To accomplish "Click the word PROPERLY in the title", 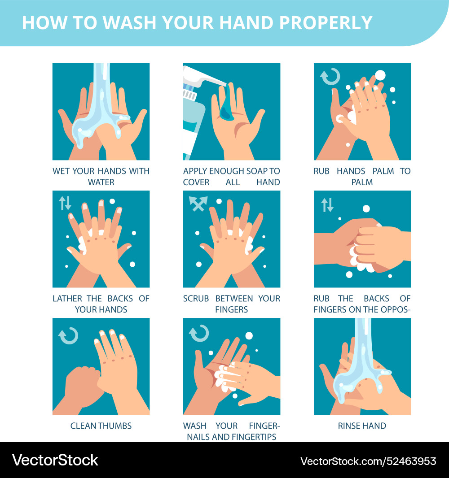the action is tap(326, 22).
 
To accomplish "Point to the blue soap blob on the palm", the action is tap(226, 104).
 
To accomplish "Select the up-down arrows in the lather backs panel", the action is tap(65, 203).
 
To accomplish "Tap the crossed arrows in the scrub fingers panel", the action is tap(198, 204).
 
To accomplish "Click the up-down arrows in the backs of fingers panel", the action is tap(327, 205).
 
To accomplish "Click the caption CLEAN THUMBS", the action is tap(101, 426).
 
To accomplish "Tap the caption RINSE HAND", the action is tap(362, 426).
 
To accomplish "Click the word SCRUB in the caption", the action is tap(196, 299).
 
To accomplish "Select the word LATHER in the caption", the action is tap(67, 299).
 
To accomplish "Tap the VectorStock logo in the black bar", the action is tap(55, 460).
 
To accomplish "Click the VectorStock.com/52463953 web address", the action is tap(368, 461).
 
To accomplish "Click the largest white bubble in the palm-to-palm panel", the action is tap(380, 75).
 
